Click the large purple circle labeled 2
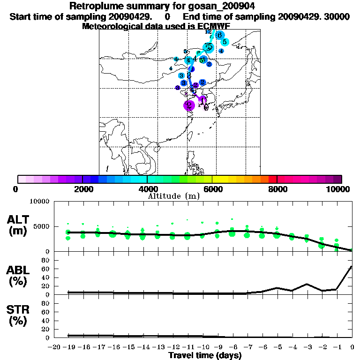pos(189,105)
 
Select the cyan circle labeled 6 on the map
pos(219,35)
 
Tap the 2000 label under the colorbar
pos(82,189)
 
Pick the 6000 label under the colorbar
pos(212,189)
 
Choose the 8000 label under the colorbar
pos(277,189)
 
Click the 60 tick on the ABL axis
pos(46,269)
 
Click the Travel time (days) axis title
pos(204,355)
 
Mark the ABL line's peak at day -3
pos(307,284)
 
